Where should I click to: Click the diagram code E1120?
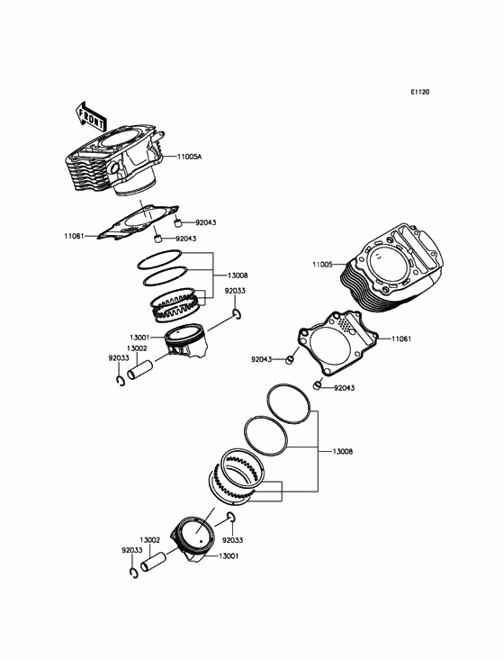(x=420, y=92)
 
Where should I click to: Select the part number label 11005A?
(x=189, y=157)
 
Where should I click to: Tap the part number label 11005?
(x=322, y=265)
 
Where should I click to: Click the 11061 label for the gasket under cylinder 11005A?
(x=75, y=236)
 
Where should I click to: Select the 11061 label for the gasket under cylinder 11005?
(x=401, y=339)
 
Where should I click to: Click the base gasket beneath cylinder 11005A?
(x=138, y=222)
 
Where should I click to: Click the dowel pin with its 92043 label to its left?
(x=290, y=360)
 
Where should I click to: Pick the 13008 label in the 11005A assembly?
(x=238, y=275)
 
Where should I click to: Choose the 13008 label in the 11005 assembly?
(x=343, y=451)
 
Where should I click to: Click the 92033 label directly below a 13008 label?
(x=235, y=291)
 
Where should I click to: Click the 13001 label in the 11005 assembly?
(x=229, y=556)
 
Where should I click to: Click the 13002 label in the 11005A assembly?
(x=137, y=348)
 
